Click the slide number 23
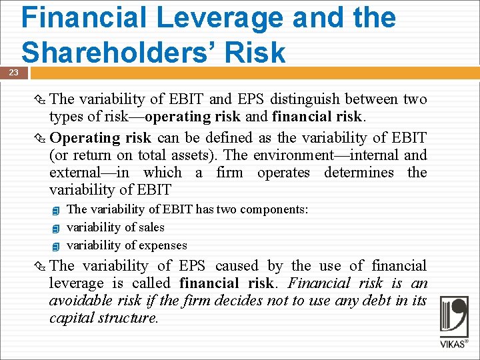(13, 72)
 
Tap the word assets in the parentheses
(197, 155)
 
